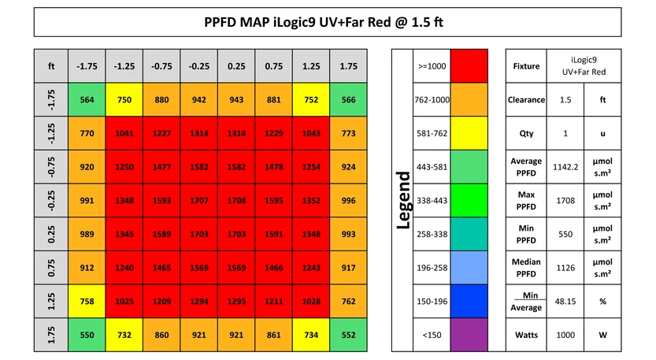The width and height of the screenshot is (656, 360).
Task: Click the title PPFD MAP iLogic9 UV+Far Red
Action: (x=328, y=21)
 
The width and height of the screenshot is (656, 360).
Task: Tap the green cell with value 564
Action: (x=87, y=100)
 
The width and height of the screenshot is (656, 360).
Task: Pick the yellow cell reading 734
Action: (x=311, y=335)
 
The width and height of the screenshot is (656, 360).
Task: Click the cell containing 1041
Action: (x=124, y=134)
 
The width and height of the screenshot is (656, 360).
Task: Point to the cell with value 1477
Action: (x=161, y=167)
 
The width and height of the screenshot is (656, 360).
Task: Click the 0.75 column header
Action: (x=273, y=66)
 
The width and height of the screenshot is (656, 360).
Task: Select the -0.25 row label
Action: (x=51, y=201)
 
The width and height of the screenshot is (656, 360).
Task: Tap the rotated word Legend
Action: (x=403, y=201)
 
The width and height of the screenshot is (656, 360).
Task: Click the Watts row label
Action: (x=526, y=335)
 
